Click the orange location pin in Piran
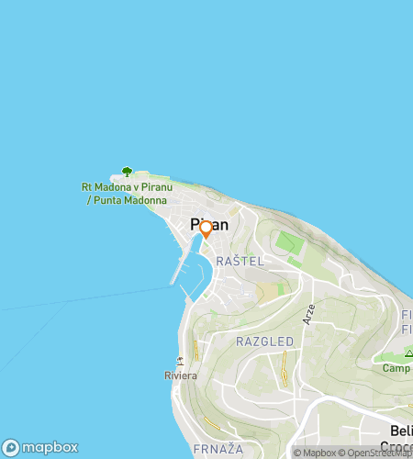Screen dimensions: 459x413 point(206,229)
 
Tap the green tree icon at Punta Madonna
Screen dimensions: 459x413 point(127,172)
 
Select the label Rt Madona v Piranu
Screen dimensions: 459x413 point(124,188)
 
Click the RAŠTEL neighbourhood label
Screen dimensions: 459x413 point(240,262)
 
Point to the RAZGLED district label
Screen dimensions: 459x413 point(264,341)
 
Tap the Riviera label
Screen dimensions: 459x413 point(180,375)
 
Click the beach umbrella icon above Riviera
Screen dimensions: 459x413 point(182,360)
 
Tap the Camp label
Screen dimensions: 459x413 point(396,368)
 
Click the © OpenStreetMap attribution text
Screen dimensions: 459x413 point(376,453)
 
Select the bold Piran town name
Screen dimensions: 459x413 point(209,224)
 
